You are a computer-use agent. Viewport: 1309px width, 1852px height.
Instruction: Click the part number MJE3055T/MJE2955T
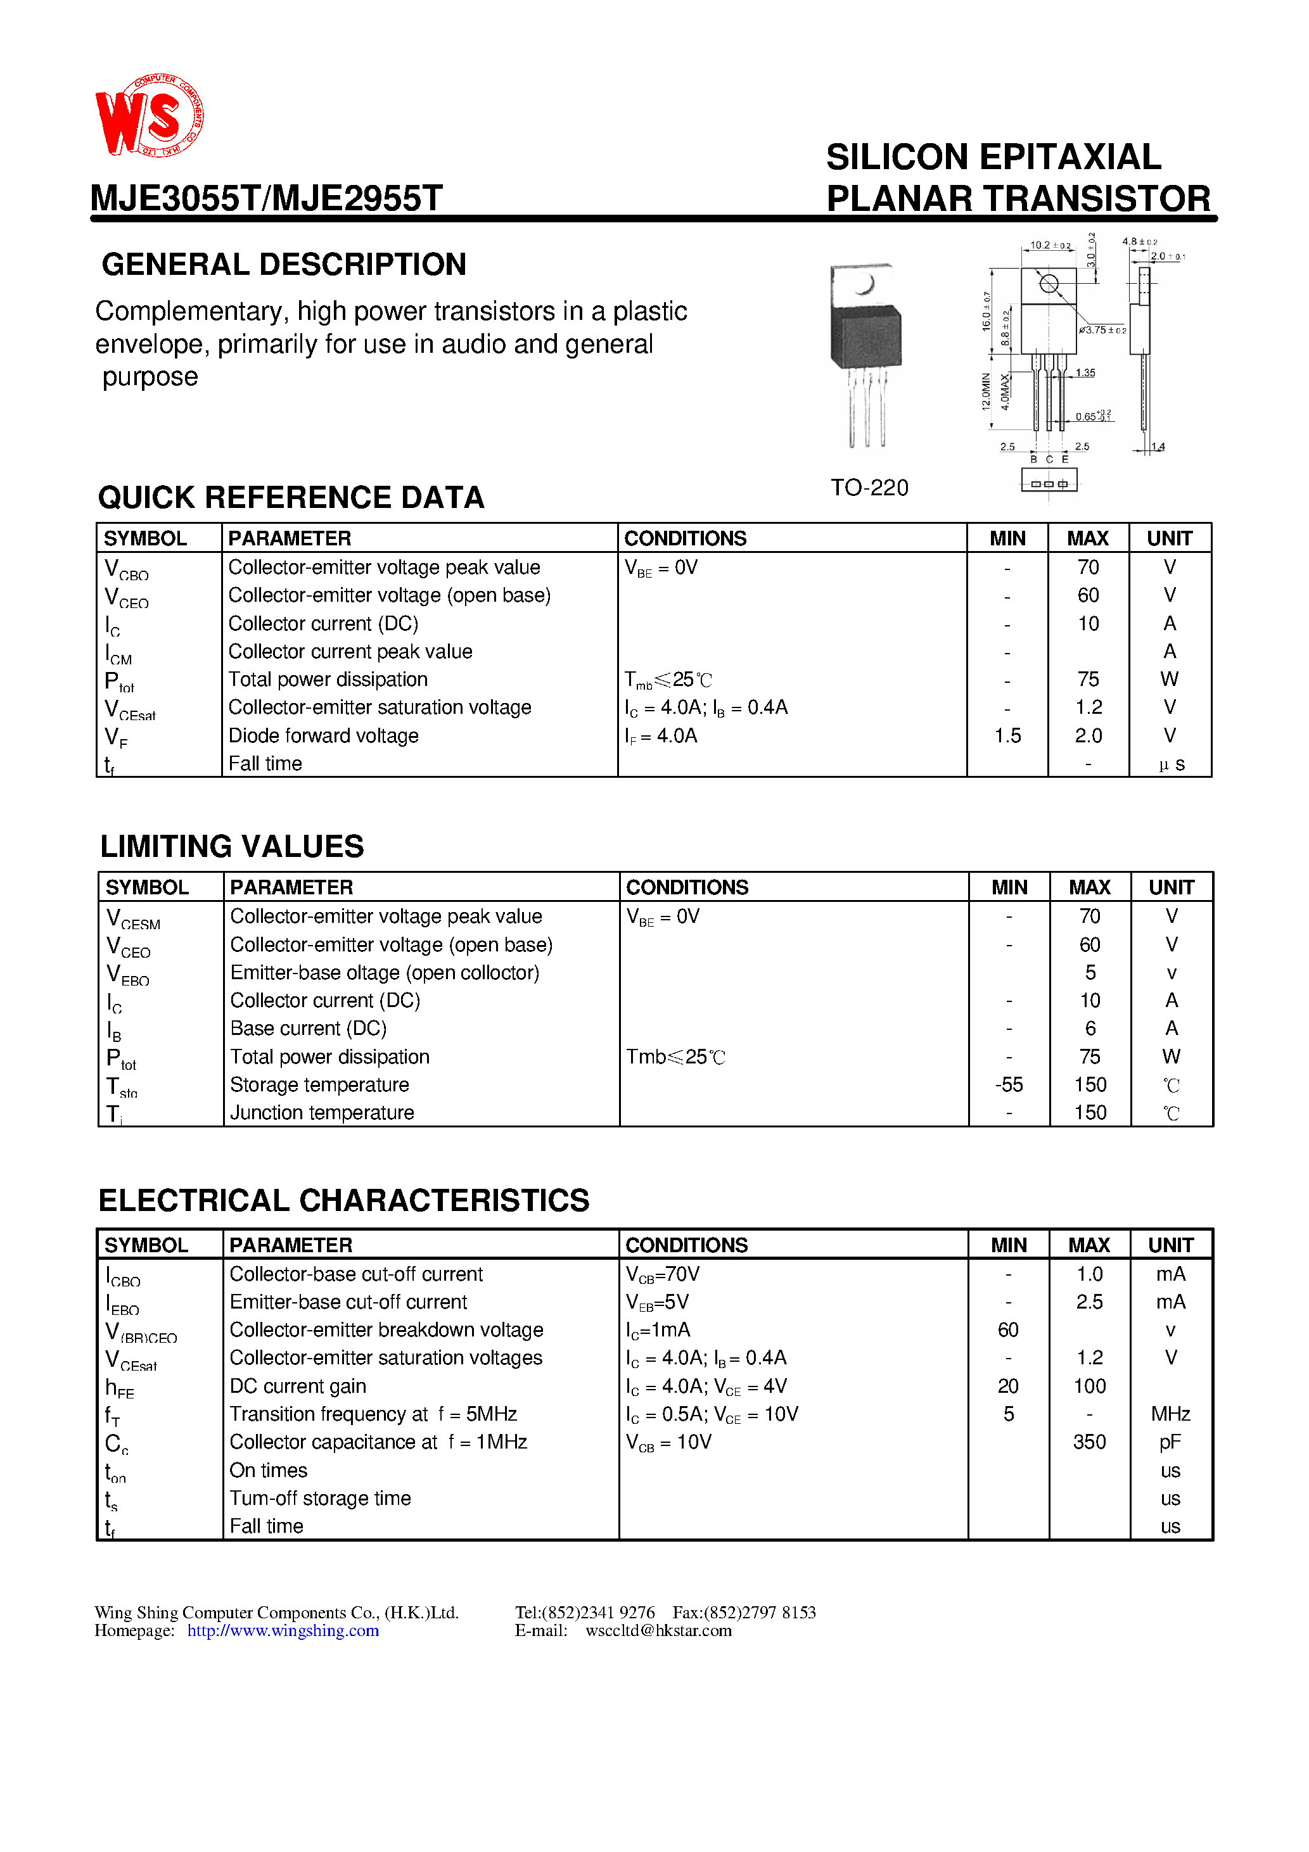(x=266, y=198)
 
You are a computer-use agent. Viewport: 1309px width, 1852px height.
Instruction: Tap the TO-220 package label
(x=869, y=487)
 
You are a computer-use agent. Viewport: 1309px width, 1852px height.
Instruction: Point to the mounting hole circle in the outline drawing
(x=1049, y=283)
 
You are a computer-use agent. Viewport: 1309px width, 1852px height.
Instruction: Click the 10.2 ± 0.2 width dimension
(x=1049, y=245)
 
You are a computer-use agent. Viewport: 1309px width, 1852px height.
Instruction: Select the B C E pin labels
(x=1049, y=459)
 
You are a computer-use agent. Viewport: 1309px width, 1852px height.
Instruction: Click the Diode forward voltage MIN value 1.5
(x=1007, y=735)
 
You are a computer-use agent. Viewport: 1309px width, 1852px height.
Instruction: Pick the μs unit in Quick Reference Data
(x=1171, y=764)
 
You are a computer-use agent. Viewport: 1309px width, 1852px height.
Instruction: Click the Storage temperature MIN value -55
(x=1009, y=1085)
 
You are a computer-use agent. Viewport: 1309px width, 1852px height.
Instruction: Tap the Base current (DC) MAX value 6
(x=1090, y=1029)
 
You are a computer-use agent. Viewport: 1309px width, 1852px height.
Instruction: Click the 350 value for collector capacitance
(x=1089, y=1442)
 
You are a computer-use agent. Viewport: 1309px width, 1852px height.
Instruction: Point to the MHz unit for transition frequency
(x=1170, y=1414)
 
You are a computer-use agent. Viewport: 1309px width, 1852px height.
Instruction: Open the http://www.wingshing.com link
(x=283, y=1630)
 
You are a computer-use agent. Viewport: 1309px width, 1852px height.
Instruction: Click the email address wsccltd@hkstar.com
(x=658, y=1630)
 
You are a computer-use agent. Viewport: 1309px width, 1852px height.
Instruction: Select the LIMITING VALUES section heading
(x=232, y=846)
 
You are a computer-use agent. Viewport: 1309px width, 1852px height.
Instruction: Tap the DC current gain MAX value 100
(x=1089, y=1386)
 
